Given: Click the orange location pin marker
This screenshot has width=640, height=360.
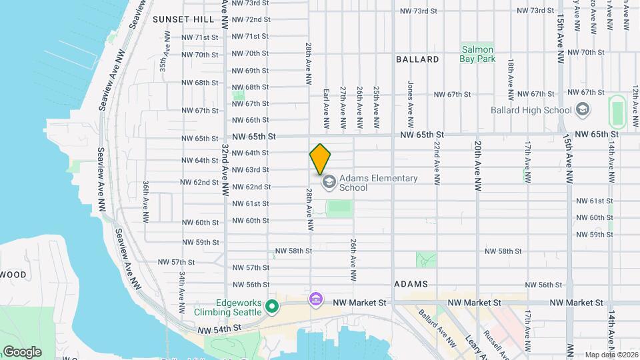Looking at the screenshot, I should pyautogui.click(x=321, y=159).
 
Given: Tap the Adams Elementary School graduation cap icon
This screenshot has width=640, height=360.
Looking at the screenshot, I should pyautogui.click(x=328, y=182).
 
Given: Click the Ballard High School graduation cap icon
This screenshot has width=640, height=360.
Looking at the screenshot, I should pyautogui.click(x=583, y=110).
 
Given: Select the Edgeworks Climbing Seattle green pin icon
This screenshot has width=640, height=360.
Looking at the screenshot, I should pyautogui.click(x=271, y=307).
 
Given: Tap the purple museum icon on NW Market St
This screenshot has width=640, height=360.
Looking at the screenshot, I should pyautogui.click(x=316, y=301).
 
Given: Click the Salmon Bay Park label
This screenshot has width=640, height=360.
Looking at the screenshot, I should pyautogui.click(x=477, y=54).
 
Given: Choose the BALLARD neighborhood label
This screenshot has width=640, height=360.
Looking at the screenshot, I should pyautogui.click(x=417, y=59).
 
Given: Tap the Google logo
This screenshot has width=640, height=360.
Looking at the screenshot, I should pyautogui.click(x=22, y=352).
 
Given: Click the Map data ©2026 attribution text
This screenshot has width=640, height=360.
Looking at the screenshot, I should pyautogui.click(x=610, y=355).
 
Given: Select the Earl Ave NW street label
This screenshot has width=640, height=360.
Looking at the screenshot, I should pyautogui.click(x=327, y=108).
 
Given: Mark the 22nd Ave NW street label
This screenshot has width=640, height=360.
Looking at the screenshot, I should pyautogui.click(x=437, y=163).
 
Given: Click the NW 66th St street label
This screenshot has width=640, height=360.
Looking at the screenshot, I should pyautogui.click(x=251, y=120).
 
